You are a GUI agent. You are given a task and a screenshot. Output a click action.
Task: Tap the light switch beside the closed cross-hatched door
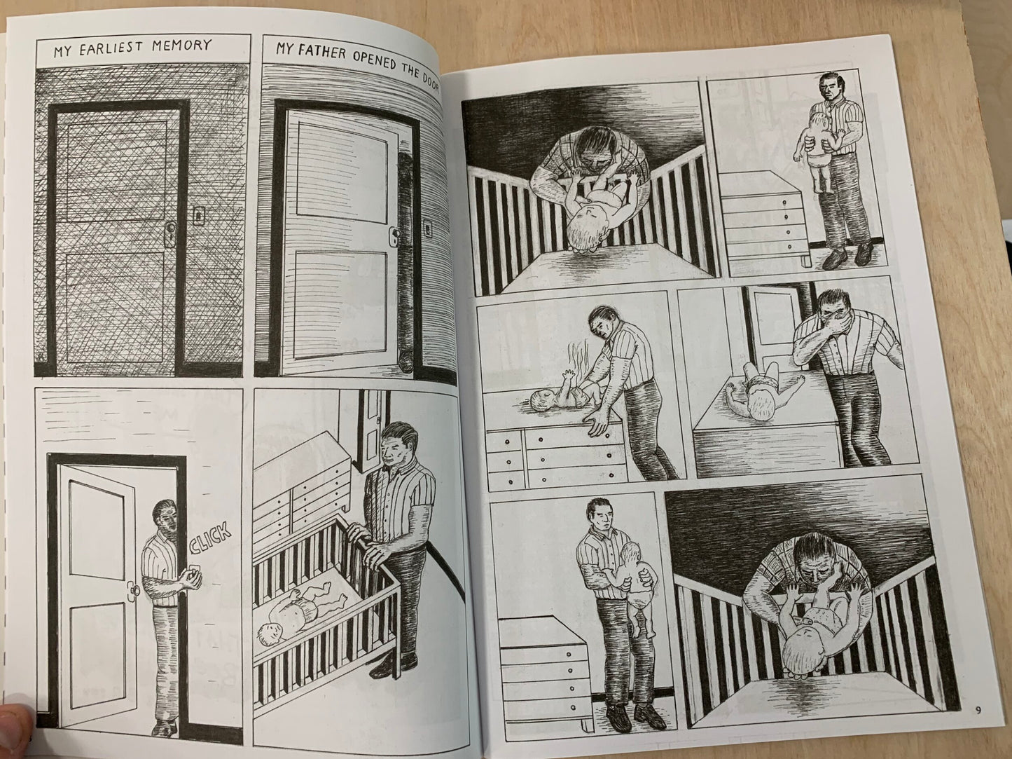(x=199, y=215)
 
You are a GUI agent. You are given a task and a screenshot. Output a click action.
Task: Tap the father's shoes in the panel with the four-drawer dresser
(x=847, y=256)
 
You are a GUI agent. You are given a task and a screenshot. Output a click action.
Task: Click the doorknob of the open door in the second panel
(x=396, y=234)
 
